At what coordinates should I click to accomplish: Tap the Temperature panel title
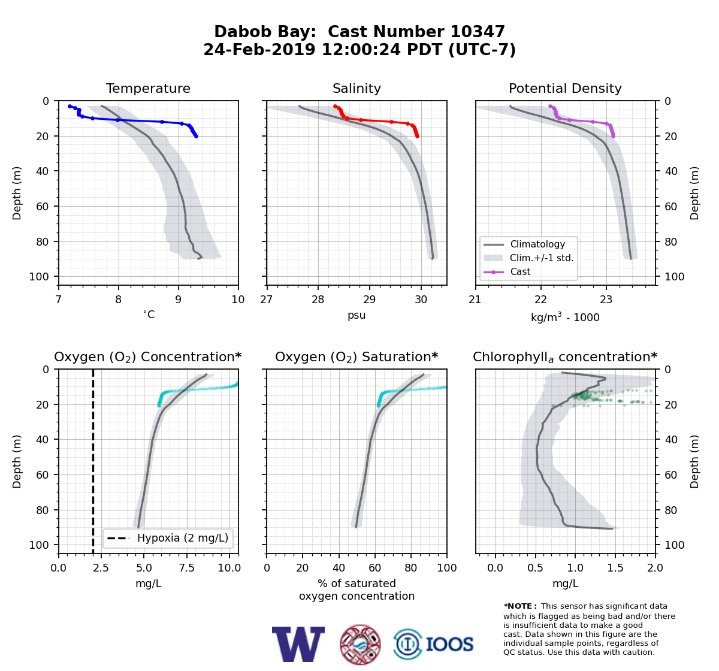tap(148, 88)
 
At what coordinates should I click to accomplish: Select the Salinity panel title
tap(357, 88)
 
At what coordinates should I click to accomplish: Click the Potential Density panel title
tap(565, 88)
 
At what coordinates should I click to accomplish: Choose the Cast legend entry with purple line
tap(507, 272)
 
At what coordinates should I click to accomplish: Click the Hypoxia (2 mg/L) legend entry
tap(168, 538)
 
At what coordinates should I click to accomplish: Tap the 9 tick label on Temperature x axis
tap(178, 300)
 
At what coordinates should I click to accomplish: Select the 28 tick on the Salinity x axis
tap(318, 300)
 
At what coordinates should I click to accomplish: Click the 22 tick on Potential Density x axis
tap(541, 300)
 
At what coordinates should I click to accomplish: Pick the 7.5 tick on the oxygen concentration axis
tap(187, 568)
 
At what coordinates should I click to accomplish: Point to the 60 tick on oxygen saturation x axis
tap(374, 568)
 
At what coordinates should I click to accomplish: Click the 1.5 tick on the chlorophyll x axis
tap(615, 568)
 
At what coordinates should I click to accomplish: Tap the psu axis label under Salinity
tap(357, 315)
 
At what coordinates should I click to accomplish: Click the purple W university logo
tap(298, 644)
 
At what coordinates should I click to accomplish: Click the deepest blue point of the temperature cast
tap(196, 137)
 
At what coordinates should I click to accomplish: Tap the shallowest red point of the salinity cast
tap(335, 107)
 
